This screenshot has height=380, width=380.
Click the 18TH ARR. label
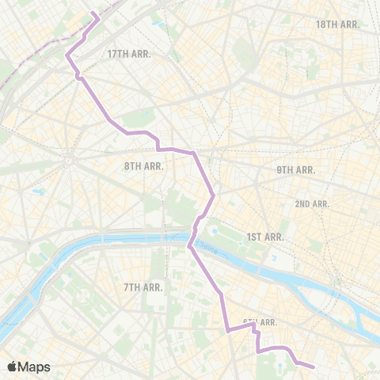click(x=338, y=25)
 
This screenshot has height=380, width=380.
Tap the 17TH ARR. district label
click(x=128, y=54)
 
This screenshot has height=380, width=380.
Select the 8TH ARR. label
click(x=142, y=166)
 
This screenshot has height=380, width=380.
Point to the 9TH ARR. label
click(x=295, y=170)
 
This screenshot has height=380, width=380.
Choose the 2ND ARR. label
click(x=312, y=204)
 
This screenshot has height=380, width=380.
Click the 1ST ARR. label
click(x=264, y=237)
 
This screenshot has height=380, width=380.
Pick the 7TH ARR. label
click(x=143, y=287)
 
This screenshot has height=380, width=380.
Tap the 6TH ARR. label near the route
click(x=259, y=322)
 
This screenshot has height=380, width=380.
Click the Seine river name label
click(x=209, y=247)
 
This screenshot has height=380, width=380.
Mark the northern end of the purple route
click(x=95, y=13)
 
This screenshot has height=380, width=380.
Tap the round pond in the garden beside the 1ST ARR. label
click(x=213, y=232)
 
